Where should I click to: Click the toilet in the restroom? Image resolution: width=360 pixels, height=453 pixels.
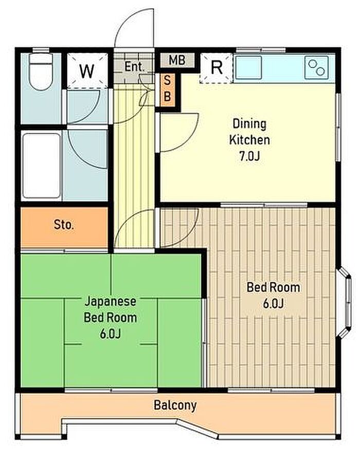(x=41, y=71)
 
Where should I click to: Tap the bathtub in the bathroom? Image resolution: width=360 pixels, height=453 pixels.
(x=41, y=166)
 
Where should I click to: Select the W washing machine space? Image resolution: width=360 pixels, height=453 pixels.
(x=87, y=70)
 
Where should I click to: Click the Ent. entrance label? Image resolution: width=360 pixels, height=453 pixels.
(x=134, y=67)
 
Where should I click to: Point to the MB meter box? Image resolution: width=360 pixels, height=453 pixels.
(x=177, y=60)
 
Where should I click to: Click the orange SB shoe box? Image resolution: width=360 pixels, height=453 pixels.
(x=167, y=89)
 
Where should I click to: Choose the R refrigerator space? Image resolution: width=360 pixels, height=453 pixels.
(x=217, y=68)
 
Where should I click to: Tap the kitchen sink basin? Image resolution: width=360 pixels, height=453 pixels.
(x=248, y=67)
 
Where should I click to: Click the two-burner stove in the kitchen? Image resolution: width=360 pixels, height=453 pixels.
(x=316, y=67)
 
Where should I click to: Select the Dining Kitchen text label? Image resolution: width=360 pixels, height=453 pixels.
(x=249, y=132)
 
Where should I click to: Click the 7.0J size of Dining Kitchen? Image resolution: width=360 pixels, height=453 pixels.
(x=249, y=156)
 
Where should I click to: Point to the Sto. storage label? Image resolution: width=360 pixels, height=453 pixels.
(x=64, y=225)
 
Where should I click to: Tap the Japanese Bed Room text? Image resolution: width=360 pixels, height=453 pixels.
(x=111, y=310)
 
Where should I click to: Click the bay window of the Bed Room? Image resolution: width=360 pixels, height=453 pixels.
(x=345, y=302)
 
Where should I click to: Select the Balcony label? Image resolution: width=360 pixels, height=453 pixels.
(x=175, y=406)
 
